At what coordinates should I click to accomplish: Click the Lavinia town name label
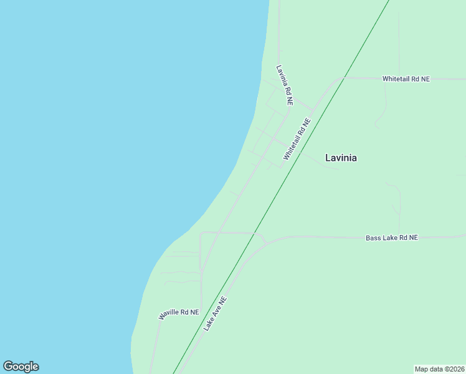click(x=341, y=158)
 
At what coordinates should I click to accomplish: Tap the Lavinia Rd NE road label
click(x=284, y=85)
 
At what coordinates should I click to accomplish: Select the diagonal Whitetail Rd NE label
click(x=297, y=140)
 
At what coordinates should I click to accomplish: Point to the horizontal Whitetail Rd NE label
click(x=406, y=79)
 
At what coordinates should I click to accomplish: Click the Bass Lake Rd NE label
click(x=391, y=238)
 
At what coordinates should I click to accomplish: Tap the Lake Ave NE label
click(x=216, y=313)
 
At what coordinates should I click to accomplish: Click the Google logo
click(x=21, y=367)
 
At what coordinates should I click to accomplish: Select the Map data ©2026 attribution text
click(x=439, y=369)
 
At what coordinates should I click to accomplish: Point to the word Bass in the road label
click(x=373, y=238)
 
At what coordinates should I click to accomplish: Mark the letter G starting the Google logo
click(x=8, y=367)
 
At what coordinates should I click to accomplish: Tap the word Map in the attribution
click(x=422, y=369)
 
